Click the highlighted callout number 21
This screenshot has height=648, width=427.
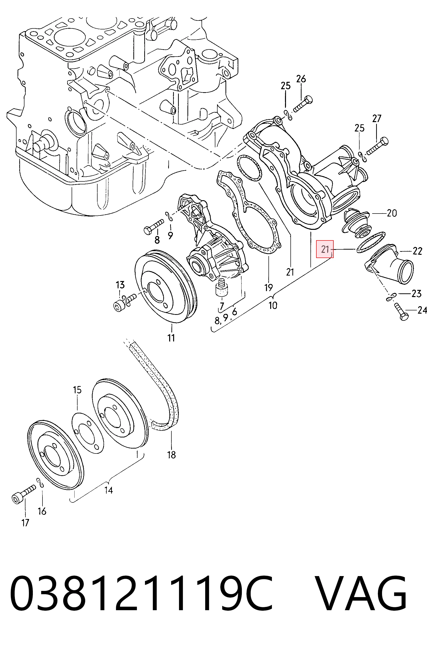pos(325,249)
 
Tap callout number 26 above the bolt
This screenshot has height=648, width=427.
pos(301,79)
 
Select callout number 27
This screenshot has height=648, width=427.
pos(377,119)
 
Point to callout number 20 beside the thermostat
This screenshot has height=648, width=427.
pos(392,213)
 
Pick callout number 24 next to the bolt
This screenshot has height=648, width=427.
pos(422,310)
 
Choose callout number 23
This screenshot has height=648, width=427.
pos(416,294)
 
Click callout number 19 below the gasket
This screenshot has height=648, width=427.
pos(268,287)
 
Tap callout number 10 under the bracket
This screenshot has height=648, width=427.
pos(273,305)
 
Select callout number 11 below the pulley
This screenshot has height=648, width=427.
pos(171,338)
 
